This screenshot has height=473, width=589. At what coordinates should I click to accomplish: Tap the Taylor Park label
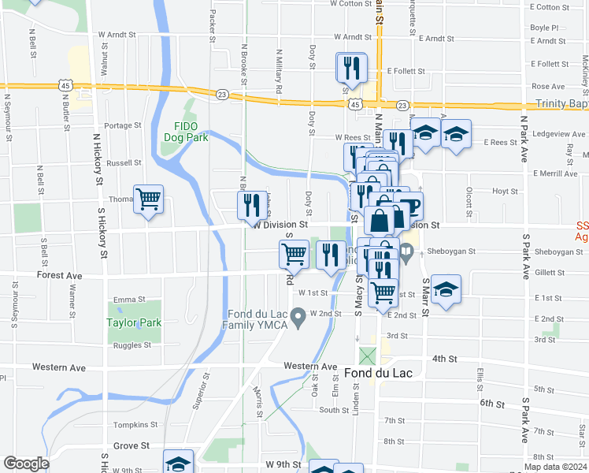pyautogui.click(x=134, y=322)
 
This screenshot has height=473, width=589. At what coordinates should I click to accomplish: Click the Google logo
pyautogui.click(x=26, y=464)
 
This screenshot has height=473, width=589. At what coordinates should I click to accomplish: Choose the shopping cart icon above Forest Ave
pyautogui.click(x=294, y=253)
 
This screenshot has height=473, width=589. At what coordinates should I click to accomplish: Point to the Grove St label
pyautogui.click(x=131, y=445)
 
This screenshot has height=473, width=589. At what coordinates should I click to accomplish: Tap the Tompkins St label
pyautogui.click(x=131, y=425)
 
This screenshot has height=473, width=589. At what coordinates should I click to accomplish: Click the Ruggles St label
pyautogui.click(x=132, y=345)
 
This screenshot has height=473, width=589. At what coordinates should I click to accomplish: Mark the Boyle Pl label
pyautogui.click(x=544, y=27)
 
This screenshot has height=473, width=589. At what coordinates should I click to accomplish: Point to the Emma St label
pyautogui.click(x=130, y=300)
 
